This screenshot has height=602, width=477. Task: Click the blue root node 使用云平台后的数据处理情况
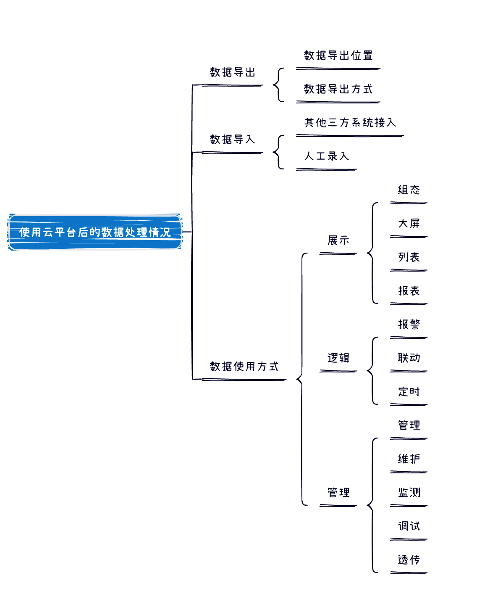95,232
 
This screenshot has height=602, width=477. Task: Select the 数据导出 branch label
233,73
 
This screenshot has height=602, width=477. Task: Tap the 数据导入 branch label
233,140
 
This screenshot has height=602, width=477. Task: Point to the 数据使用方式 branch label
244,367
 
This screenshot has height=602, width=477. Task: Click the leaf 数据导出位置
338,55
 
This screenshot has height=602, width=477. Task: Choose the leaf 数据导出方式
338,89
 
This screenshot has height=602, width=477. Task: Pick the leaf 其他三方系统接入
350,123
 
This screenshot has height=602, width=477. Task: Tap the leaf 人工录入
326,156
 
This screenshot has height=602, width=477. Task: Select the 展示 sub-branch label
338,240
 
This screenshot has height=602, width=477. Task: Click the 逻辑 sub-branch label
338,358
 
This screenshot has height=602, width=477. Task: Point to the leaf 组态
409,190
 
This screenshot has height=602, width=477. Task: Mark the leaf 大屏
409,224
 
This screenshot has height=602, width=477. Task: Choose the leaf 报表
409,291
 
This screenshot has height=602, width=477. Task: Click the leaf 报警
409,325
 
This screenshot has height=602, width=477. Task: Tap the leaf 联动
409,358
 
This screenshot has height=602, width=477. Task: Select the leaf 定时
409,392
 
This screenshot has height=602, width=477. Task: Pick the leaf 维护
409,459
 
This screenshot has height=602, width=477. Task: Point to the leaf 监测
409,493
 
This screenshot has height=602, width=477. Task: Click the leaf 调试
409,526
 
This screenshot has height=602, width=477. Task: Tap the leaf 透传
409,560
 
